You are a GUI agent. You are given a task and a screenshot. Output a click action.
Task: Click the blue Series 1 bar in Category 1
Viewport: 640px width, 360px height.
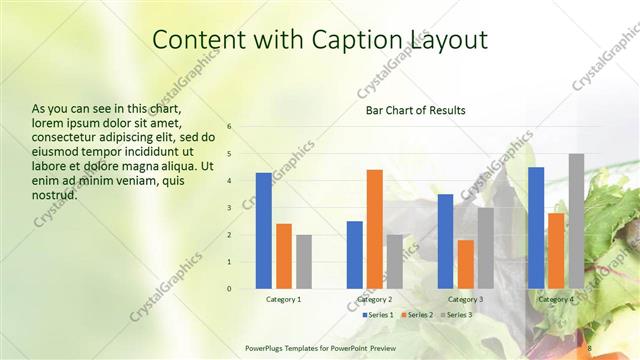pos(264,231)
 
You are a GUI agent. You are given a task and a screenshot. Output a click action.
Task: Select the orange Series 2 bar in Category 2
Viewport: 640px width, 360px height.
pos(375,229)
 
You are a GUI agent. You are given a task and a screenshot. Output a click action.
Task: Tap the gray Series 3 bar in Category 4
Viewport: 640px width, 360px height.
pos(576,221)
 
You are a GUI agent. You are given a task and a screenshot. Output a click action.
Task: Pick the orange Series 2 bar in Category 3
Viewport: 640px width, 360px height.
pos(465,264)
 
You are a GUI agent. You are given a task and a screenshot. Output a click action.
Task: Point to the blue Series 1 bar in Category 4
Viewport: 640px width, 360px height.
pos(536,228)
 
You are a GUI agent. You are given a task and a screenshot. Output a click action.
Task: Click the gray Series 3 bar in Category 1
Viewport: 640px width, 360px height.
pos(304,262)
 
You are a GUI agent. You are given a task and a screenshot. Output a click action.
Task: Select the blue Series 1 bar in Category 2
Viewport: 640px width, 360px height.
pos(355,255)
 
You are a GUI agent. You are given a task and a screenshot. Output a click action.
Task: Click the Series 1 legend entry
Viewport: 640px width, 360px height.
pos(378,315)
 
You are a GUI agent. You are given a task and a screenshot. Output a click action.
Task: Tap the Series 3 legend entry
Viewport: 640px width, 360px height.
pos(457,315)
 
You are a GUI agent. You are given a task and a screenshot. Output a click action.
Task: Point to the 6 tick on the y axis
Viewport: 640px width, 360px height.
pos(229,127)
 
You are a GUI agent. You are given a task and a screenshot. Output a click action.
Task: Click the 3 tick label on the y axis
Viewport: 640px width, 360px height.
pos(229,208)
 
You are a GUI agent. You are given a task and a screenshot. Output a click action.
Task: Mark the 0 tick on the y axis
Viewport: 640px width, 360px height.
pos(229,289)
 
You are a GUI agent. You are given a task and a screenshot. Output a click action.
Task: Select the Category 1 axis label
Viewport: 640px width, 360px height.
pos(284,299)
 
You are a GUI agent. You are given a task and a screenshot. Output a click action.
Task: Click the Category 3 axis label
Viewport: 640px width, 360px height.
pos(465,299)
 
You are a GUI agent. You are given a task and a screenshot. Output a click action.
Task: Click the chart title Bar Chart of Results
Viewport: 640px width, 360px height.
pos(415,110)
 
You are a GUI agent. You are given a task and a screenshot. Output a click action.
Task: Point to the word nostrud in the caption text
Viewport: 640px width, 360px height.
pos(55,194)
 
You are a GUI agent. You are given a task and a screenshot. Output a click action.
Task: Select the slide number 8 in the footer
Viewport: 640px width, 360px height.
pos(590,347)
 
